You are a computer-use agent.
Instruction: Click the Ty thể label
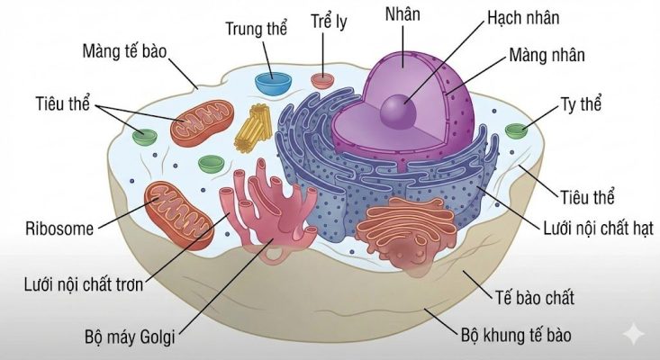pos(580,103)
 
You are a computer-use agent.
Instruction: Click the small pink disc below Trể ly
pos(322,80)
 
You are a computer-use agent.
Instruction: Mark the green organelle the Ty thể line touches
pos(517,131)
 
